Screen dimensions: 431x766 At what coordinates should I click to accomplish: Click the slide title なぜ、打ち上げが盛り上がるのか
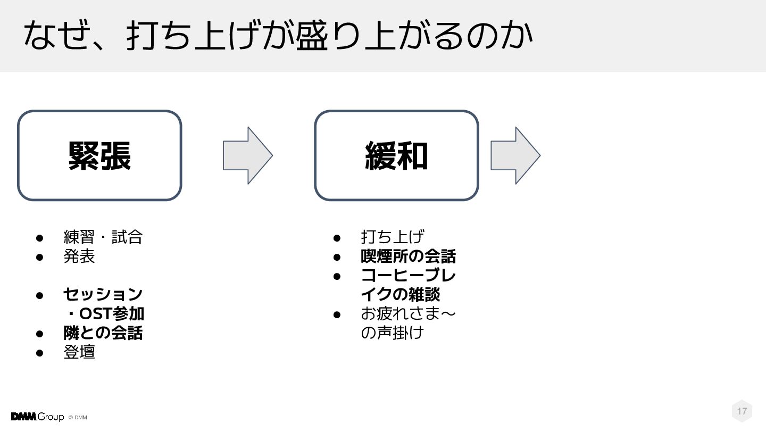[x=278, y=35]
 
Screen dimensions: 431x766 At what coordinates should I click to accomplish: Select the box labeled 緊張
[x=99, y=155]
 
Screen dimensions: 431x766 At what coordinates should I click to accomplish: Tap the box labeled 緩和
[x=396, y=155]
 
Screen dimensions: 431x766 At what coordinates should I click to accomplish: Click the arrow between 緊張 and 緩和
[x=247, y=155]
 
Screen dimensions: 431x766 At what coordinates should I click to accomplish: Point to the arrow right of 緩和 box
[x=515, y=155]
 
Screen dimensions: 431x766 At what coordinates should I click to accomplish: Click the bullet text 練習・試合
[x=103, y=237]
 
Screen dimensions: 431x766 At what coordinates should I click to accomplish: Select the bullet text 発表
[x=79, y=256]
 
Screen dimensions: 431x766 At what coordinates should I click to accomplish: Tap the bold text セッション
[x=103, y=294]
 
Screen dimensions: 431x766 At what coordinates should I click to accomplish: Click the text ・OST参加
[x=104, y=313]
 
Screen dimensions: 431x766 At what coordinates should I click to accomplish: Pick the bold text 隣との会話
[x=103, y=333]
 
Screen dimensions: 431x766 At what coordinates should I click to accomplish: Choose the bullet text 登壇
[x=79, y=352]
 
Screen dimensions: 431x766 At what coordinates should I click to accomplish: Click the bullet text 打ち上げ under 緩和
[x=392, y=237]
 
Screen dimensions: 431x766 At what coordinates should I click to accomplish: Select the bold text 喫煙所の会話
[x=408, y=256]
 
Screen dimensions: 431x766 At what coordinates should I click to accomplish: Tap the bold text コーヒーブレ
[x=408, y=276]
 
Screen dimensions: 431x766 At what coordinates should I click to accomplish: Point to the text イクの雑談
[x=400, y=294]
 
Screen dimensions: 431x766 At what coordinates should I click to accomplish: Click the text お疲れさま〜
[x=408, y=313]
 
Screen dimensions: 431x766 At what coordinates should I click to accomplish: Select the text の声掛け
[x=392, y=333]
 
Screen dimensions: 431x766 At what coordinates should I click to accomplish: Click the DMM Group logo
[x=37, y=417]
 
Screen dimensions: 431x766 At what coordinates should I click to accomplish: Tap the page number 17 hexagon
[x=742, y=411]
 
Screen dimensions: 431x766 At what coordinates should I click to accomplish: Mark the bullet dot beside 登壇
[x=39, y=352]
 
